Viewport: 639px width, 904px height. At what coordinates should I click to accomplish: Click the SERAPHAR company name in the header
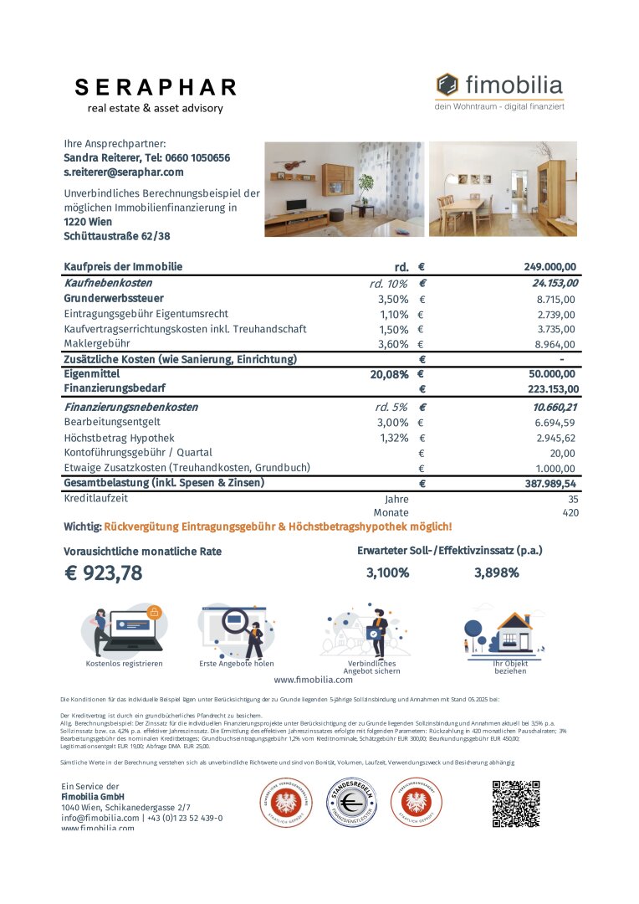tap(156, 88)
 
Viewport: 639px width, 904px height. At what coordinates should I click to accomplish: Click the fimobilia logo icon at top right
tap(447, 85)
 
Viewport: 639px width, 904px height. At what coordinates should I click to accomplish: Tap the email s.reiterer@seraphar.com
tap(123, 172)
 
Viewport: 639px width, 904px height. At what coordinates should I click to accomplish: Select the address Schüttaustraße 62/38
tap(116, 236)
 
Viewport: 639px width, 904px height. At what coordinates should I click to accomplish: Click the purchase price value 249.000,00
tap(550, 267)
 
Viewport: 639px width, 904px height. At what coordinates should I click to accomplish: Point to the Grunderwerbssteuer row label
tap(114, 298)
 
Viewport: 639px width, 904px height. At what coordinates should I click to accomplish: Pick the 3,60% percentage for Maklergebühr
tap(392, 344)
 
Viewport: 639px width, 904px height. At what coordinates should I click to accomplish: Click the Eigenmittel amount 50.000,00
tap(552, 375)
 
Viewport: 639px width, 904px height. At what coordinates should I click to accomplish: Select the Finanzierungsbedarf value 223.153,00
tap(550, 389)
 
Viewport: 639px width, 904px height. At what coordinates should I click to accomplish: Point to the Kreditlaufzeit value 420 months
tap(570, 512)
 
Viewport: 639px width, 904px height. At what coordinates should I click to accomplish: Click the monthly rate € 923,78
tap(104, 573)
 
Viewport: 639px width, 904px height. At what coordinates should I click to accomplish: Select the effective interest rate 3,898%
tap(496, 573)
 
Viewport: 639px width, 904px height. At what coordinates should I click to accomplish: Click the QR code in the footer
tap(515, 804)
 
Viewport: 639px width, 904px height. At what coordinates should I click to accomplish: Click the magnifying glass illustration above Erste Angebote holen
tap(236, 629)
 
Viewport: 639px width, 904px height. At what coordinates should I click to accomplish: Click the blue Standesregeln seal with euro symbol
tap(350, 804)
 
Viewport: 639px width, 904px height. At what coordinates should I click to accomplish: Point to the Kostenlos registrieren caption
tap(124, 664)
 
